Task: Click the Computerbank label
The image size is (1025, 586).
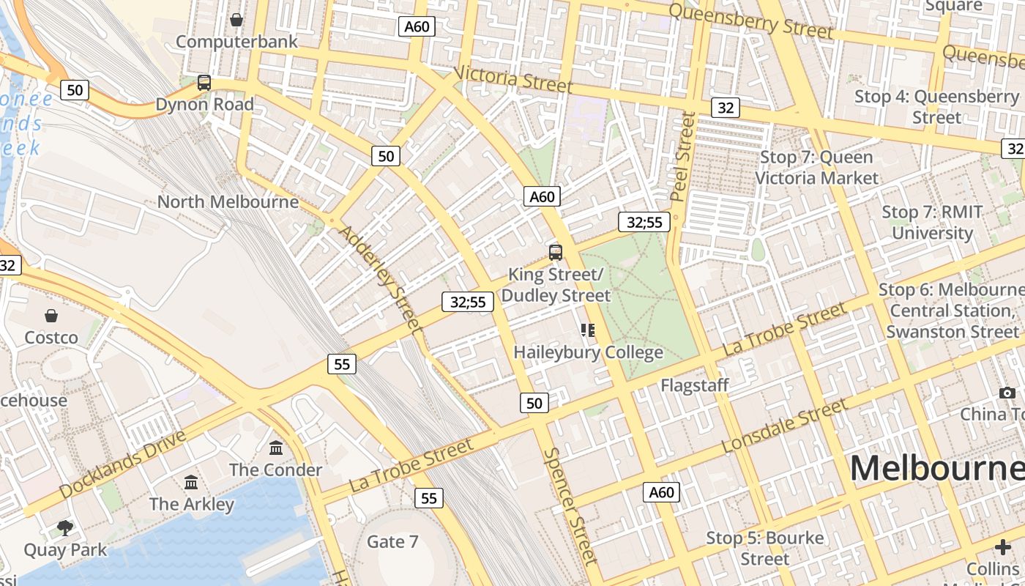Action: click(236, 41)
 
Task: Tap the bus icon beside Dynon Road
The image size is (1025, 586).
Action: click(204, 83)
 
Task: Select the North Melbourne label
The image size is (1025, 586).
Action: click(228, 201)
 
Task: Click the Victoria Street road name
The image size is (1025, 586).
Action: click(513, 79)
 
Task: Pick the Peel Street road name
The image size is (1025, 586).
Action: click(681, 156)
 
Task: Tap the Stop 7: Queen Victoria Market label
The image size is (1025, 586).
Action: click(816, 168)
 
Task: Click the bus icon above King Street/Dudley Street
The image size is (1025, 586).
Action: click(556, 253)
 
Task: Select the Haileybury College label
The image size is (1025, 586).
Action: click(588, 352)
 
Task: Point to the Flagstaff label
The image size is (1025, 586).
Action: click(694, 385)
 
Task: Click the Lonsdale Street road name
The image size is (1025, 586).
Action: click(784, 426)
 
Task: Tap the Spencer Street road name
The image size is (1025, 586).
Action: click(571, 505)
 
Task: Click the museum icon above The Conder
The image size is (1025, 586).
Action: click(276, 448)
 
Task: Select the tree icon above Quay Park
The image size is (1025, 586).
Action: click(65, 527)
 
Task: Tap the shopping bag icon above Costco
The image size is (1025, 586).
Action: click(51, 316)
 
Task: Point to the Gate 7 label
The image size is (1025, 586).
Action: click(392, 542)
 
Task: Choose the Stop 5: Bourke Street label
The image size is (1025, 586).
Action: click(764, 549)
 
